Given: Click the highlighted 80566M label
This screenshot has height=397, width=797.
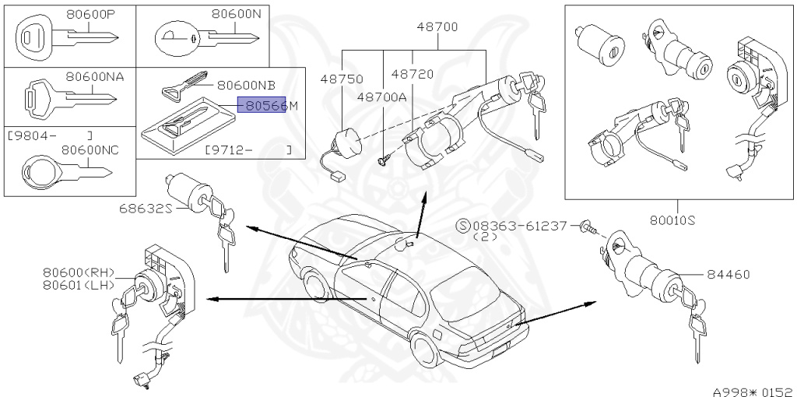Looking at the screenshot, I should pos(262,105).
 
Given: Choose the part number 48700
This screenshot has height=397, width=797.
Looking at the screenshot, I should pos(437,26).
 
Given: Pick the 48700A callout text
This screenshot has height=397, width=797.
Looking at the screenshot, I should pos(382,97).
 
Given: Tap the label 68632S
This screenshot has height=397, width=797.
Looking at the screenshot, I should pos(145,208).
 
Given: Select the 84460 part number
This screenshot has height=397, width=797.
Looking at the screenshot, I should pos(729,274).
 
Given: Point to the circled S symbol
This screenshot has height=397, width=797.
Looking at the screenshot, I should pos(463,226).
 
